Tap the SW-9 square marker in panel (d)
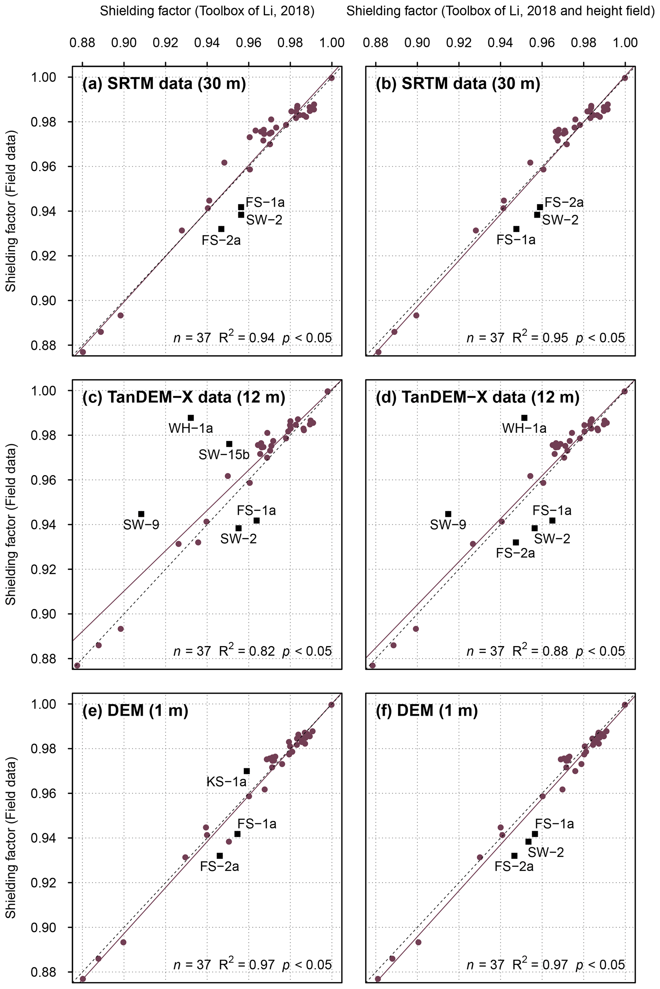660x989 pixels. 448,514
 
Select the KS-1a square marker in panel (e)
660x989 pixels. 247,771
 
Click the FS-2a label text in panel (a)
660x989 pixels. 221,240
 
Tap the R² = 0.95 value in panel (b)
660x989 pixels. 540,337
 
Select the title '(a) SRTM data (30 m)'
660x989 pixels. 164,84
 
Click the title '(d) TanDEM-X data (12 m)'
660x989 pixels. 477,397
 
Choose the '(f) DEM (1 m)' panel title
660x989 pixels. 427,711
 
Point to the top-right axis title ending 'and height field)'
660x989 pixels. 500,11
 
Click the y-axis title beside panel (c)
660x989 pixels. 11,524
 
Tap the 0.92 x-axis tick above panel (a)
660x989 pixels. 165,42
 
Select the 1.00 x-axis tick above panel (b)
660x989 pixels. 625,42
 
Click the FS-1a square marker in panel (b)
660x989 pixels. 516,229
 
